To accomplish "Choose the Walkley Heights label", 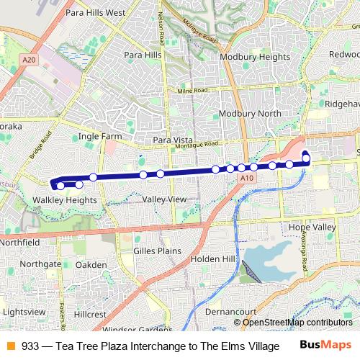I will coord(66,199).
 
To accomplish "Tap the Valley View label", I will coord(165,199).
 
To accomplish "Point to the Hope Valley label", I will coord(312,227).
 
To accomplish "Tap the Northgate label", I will coord(41,264).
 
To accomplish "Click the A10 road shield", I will coord(247,177).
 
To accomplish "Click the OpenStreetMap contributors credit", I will coord(297,323).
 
